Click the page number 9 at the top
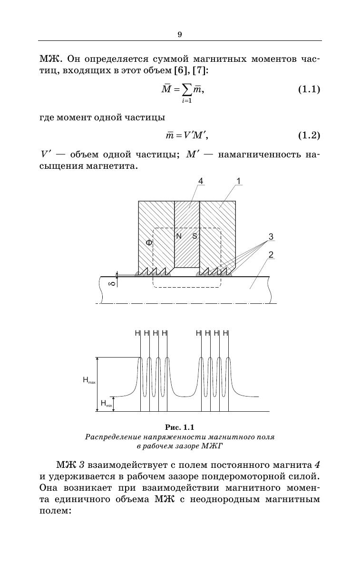click(x=180, y=34)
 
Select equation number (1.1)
click(x=309, y=89)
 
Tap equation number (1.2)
click(x=309, y=136)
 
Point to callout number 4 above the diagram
click(x=201, y=181)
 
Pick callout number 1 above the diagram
click(x=238, y=181)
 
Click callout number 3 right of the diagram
click(x=271, y=236)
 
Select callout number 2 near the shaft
click(x=271, y=255)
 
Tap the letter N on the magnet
click(x=179, y=236)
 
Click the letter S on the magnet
click(x=195, y=236)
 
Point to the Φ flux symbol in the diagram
click(x=149, y=242)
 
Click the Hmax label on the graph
click(x=89, y=380)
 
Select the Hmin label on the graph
click(x=106, y=404)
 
